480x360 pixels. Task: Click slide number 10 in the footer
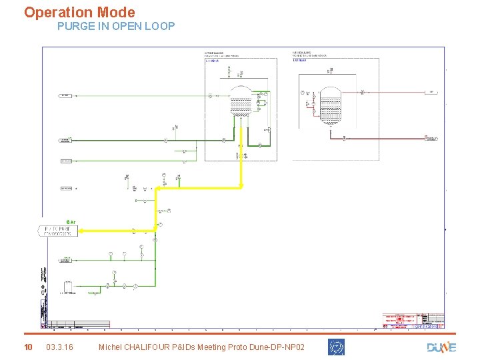click(x=28, y=347)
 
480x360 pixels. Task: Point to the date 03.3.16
click(x=60, y=347)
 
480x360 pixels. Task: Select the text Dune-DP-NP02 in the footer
click(x=275, y=347)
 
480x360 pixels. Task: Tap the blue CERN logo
click(x=336, y=347)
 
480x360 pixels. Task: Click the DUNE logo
click(x=441, y=347)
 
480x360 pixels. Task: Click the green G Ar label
click(x=71, y=222)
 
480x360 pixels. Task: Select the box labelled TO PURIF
click(x=58, y=231)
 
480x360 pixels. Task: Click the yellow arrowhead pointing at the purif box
click(x=81, y=231)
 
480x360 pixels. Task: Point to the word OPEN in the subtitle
click(x=120, y=27)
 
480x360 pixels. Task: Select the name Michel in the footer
click(x=110, y=347)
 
